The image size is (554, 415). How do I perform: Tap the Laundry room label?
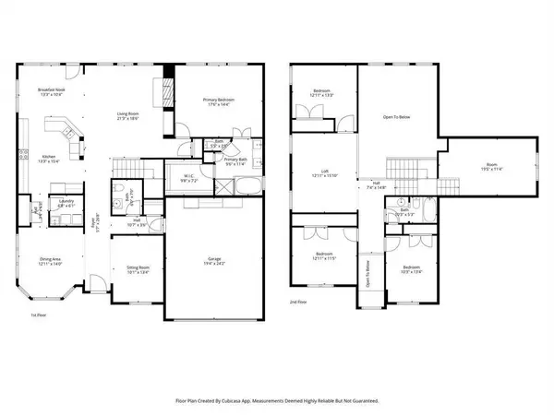[67, 201]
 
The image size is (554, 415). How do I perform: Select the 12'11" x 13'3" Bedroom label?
[317, 91]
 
